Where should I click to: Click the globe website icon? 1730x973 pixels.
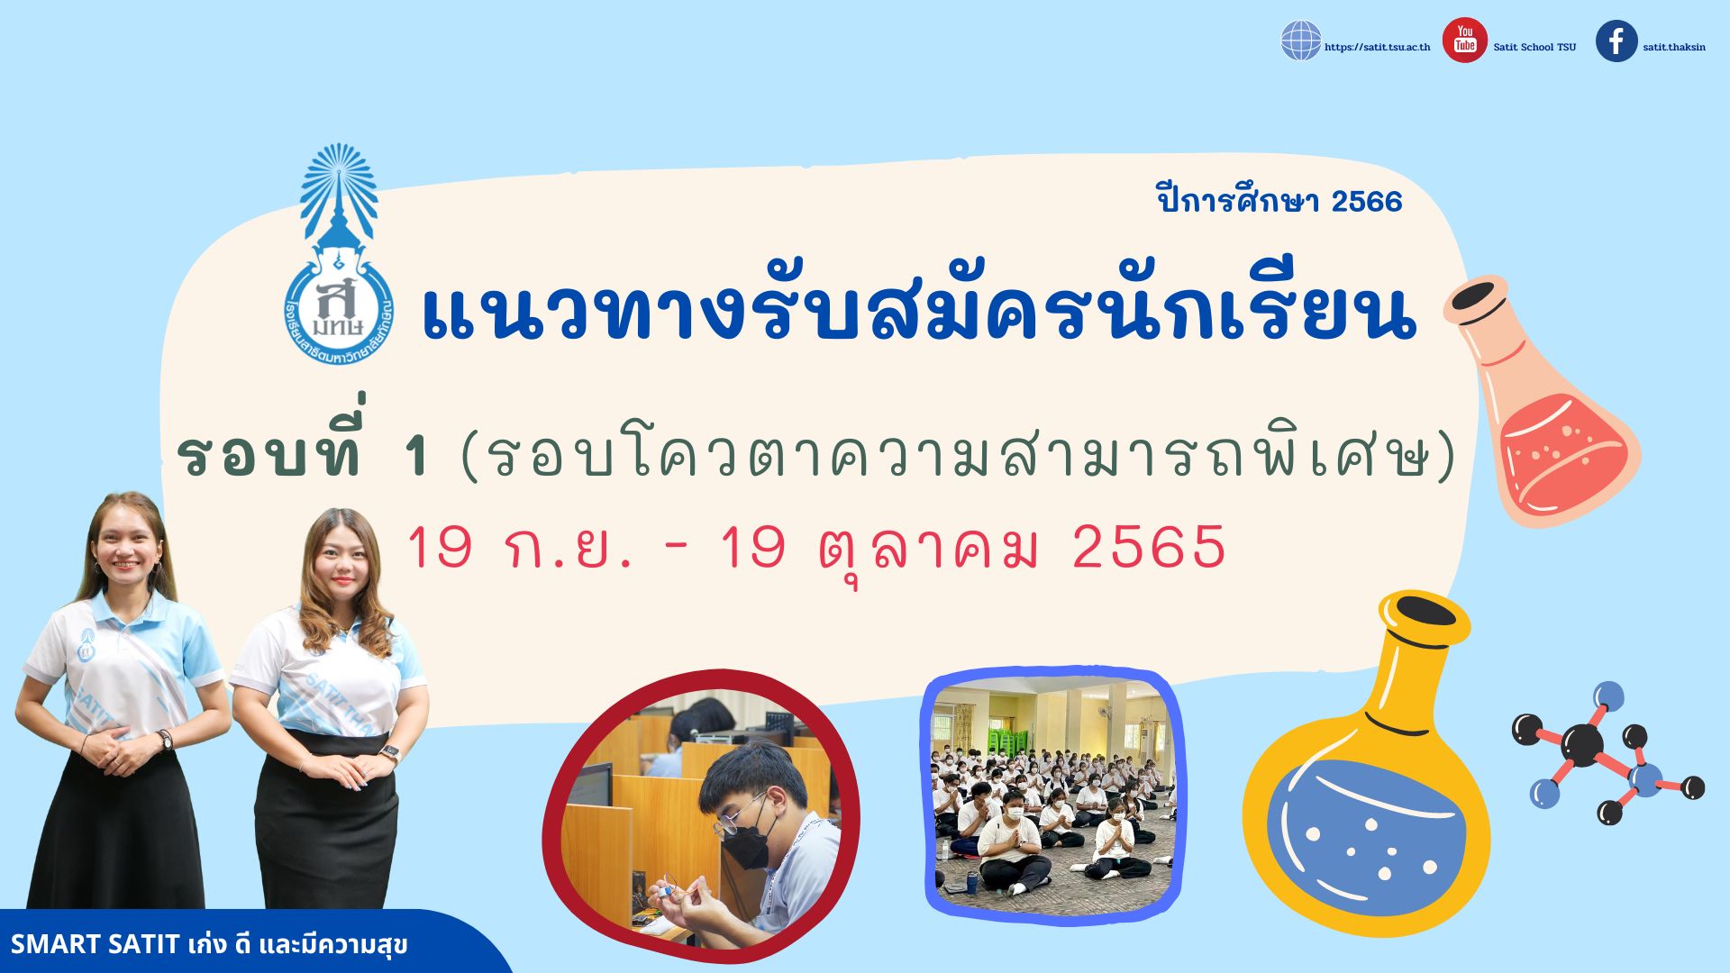click(1300, 41)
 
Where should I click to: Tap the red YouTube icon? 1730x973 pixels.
click(1464, 41)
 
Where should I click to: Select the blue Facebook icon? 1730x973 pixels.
click(1616, 41)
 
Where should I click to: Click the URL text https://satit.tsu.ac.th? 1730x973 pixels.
click(1377, 47)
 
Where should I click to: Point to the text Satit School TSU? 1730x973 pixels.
click(1534, 47)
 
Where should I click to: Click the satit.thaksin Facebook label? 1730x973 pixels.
click(1673, 47)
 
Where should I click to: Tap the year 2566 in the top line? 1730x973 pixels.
click(1366, 201)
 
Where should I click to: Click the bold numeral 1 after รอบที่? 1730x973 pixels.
click(416, 456)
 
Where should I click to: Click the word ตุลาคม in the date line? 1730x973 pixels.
click(929, 550)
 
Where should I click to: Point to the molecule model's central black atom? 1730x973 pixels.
click(1583, 744)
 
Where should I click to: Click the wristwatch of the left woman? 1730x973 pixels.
click(164, 740)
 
